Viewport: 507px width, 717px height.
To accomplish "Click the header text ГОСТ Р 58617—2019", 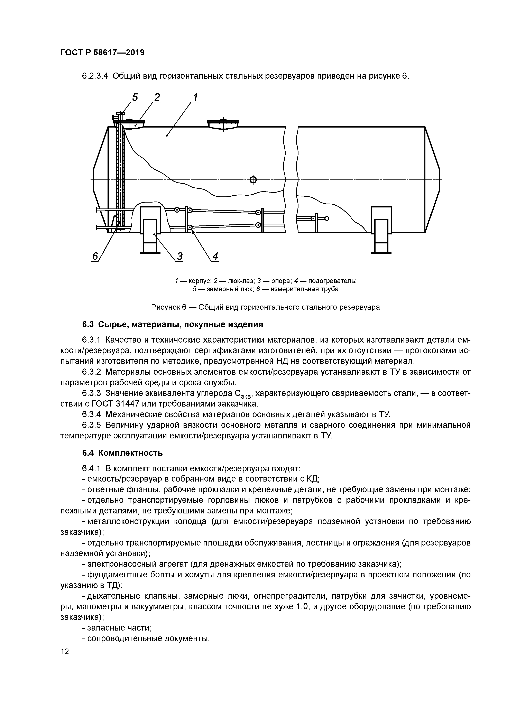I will click(102, 53).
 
